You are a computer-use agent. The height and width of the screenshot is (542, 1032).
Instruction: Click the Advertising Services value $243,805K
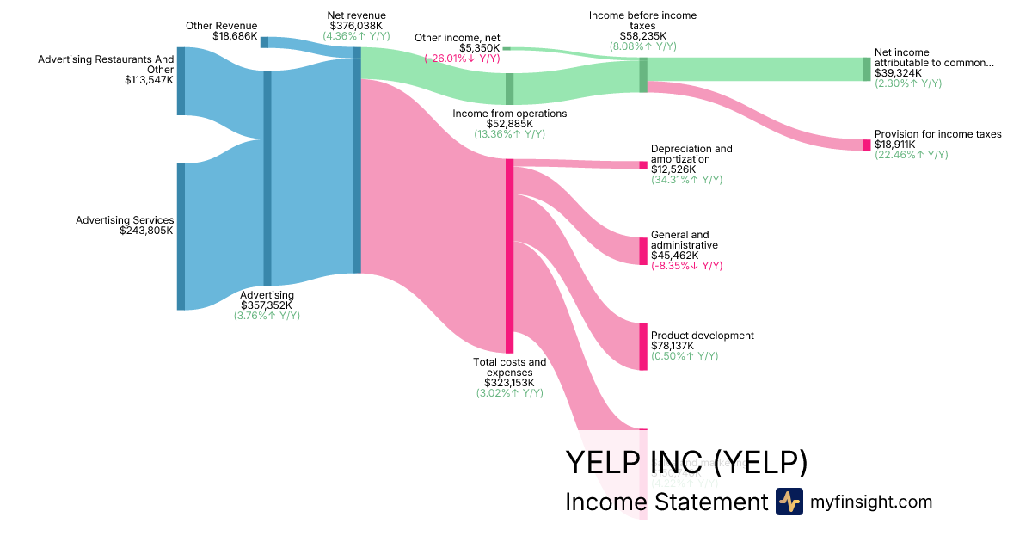point(146,231)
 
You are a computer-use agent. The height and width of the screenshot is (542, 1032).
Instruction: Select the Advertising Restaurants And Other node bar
point(181,81)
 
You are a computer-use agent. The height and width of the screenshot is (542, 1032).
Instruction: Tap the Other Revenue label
point(221,26)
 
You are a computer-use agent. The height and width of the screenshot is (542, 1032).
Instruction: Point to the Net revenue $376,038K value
point(357,26)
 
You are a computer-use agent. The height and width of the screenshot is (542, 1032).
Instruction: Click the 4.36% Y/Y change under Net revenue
point(357,37)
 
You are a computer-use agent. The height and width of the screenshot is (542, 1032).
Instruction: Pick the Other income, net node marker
point(506,49)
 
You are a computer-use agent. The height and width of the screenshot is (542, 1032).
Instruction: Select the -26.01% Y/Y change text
point(461,59)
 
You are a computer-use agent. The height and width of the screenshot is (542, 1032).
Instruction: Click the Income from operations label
point(509,114)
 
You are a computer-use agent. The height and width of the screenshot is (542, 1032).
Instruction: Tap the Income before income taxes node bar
point(643,75)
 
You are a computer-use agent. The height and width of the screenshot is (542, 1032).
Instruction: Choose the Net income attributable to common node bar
point(867,69)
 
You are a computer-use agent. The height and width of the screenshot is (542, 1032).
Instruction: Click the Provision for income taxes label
point(937,134)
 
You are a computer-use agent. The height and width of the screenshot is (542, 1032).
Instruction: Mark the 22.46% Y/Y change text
point(911,155)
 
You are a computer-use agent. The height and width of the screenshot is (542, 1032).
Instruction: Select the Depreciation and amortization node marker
point(642,165)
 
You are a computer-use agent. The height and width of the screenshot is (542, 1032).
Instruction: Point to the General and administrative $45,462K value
point(674,256)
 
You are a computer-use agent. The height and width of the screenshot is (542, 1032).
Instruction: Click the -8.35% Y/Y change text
point(686,267)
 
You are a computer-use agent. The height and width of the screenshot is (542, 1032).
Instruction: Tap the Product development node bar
point(642,347)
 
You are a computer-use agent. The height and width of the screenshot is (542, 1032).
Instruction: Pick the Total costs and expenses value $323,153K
point(509,383)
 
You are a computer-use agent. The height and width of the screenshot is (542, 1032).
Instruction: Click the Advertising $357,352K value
point(267,305)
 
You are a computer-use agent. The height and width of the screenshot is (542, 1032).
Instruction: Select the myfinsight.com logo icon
point(789,502)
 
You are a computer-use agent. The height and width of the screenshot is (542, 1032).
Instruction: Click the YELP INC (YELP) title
point(686,462)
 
